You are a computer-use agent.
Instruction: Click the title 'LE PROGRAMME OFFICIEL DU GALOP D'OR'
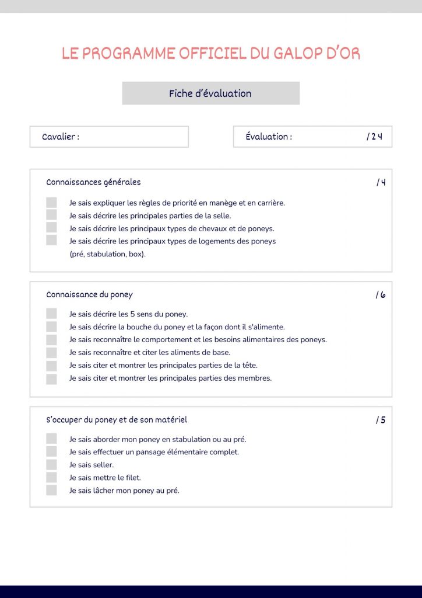point(211,54)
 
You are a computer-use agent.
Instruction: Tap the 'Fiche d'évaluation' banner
point(210,93)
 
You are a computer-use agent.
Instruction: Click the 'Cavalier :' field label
point(61,137)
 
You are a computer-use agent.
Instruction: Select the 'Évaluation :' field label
point(269,137)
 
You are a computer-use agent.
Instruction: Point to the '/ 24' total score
point(374,137)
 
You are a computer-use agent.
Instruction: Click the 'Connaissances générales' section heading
point(93,182)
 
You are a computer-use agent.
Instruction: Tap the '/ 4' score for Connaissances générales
point(381,182)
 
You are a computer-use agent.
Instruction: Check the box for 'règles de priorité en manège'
point(51,203)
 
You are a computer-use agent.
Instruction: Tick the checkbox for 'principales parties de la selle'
point(51,215)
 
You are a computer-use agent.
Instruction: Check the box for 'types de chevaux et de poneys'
point(51,228)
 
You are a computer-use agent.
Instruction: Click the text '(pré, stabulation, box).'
point(107,254)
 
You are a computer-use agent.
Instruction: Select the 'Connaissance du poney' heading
point(89,295)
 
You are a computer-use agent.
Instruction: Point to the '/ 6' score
point(381,295)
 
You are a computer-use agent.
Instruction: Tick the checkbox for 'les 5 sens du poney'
point(51,314)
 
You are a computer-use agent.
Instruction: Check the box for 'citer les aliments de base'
point(51,352)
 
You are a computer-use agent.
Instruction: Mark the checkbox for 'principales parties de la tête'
point(51,365)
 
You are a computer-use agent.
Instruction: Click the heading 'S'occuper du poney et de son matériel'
point(117,420)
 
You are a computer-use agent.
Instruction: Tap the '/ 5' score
point(381,420)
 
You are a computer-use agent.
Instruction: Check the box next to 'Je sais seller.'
point(51,465)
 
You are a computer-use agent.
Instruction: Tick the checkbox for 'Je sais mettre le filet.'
point(51,478)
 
